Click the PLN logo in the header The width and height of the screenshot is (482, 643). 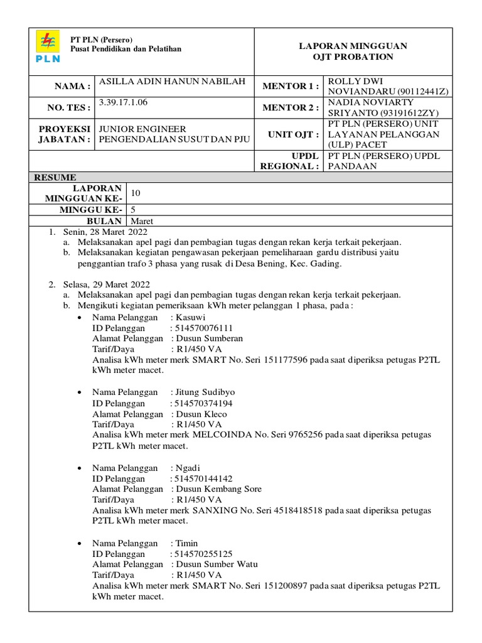click(x=48, y=47)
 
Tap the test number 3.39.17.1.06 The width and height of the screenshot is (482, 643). click(x=123, y=102)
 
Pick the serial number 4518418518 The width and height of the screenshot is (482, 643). click(x=296, y=510)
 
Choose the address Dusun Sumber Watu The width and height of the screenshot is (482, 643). click(x=217, y=564)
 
